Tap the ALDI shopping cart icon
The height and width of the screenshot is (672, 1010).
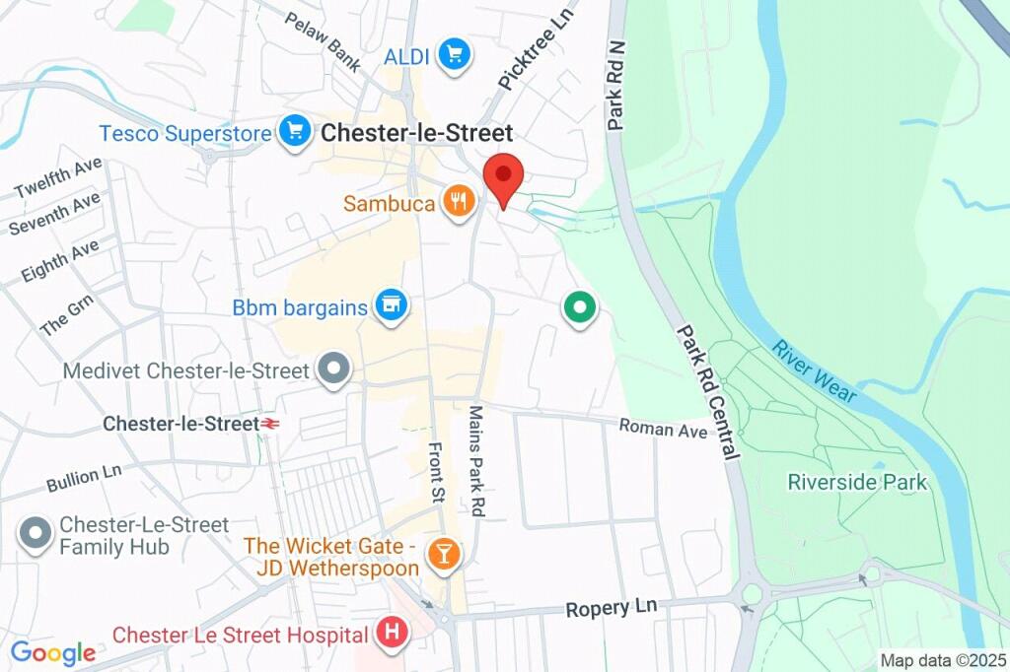(453, 55)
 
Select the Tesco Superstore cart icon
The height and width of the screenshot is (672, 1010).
(294, 133)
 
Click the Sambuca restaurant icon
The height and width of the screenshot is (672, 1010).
(457, 204)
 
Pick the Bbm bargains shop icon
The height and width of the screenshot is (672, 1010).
(392, 306)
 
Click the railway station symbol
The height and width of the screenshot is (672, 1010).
(267, 424)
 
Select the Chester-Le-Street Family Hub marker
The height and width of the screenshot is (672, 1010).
(36, 535)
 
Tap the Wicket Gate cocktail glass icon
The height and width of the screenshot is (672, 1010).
(443, 556)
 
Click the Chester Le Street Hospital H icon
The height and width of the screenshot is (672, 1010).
(392, 634)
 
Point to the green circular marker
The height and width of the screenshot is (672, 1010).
(580, 307)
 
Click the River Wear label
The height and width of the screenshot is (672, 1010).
(814, 371)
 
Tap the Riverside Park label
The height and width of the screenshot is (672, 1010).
(857, 482)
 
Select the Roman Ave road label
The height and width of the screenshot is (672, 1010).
(663, 429)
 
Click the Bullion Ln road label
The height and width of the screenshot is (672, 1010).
(84, 478)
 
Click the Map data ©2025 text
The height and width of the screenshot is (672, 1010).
(942, 660)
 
